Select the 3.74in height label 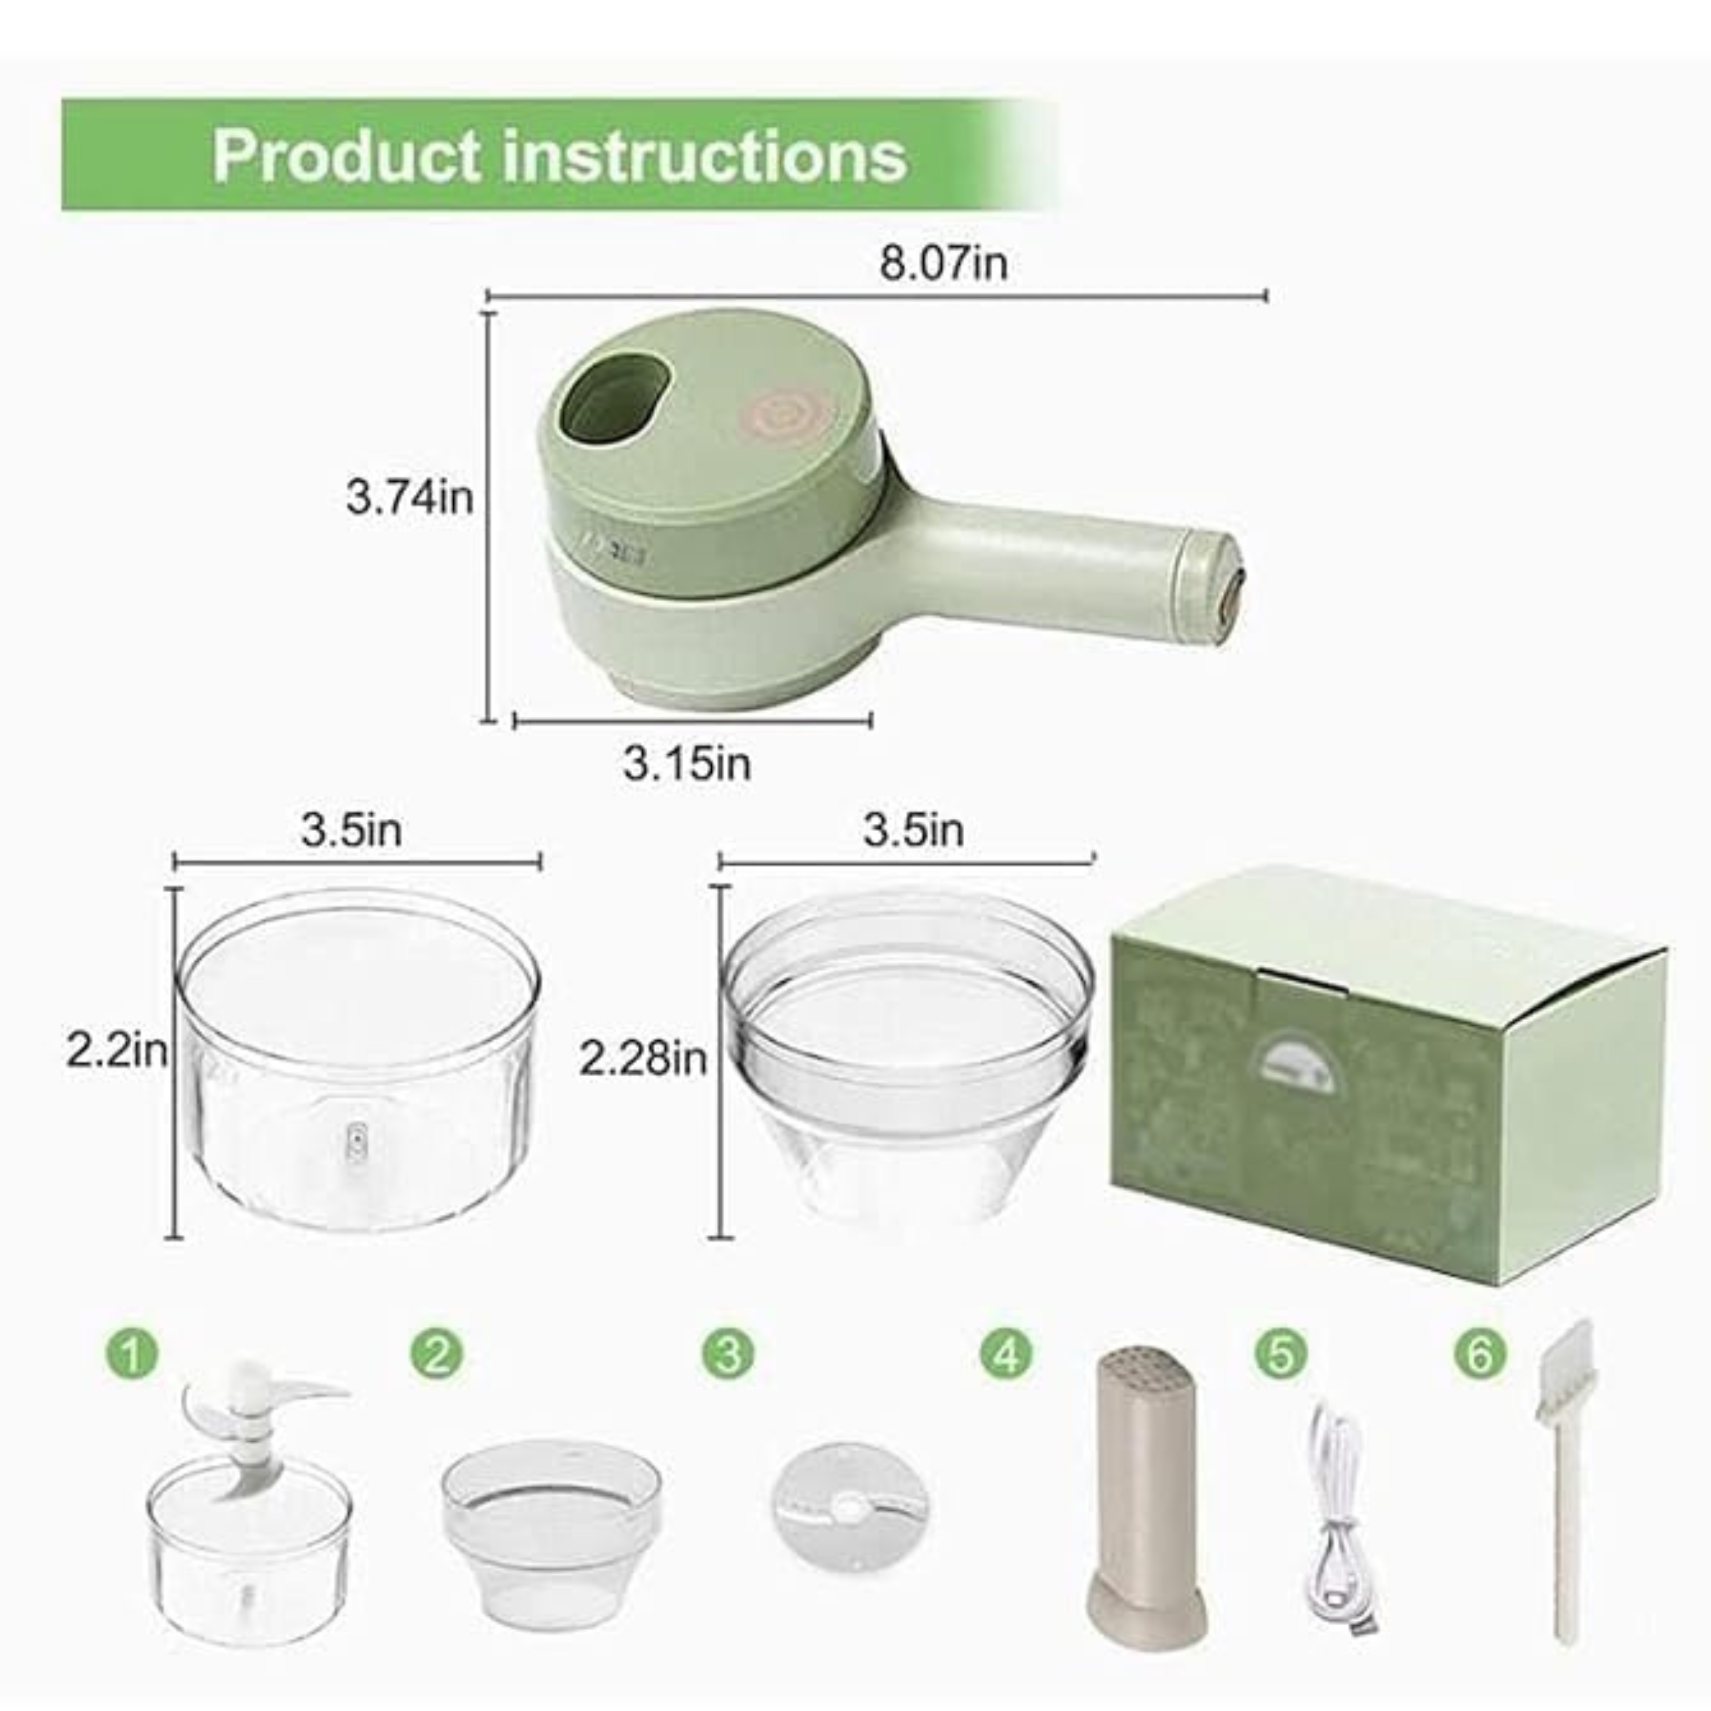409,498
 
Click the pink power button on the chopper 783,413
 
